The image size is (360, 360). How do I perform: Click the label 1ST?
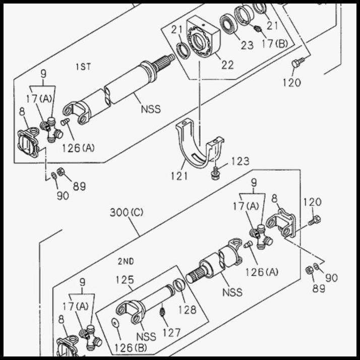(x=83, y=67)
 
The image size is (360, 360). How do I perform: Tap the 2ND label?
(x=126, y=261)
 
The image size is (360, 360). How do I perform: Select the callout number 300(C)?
(x=127, y=212)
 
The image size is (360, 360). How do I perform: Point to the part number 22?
(x=227, y=65)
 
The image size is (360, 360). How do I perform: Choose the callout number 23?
(x=247, y=45)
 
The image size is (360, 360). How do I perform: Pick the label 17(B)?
(x=274, y=43)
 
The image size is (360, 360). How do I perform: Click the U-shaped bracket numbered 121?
(x=199, y=146)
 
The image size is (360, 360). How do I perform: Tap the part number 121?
(x=178, y=176)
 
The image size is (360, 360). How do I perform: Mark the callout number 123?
(x=240, y=161)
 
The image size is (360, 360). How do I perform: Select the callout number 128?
(x=187, y=310)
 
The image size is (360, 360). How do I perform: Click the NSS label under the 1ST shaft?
(x=150, y=108)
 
